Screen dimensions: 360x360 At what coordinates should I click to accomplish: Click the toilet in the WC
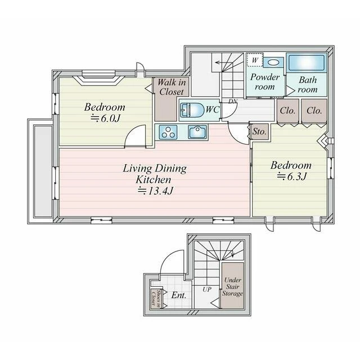(x=192, y=110)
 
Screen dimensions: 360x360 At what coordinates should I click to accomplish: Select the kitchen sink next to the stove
(x=197, y=132)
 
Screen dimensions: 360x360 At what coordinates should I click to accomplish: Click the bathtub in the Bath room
(x=307, y=62)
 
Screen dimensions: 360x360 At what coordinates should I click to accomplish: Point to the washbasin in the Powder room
(x=273, y=62)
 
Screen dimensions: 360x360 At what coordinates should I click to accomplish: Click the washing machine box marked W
(x=255, y=60)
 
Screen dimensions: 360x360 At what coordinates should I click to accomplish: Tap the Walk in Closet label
(x=172, y=87)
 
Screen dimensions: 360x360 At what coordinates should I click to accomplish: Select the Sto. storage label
(x=259, y=132)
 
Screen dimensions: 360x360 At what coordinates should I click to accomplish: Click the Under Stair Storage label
(x=232, y=287)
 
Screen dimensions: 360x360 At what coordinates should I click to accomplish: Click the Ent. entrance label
(x=179, y=295)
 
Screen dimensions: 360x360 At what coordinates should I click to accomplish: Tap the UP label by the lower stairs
(x=207, y=290)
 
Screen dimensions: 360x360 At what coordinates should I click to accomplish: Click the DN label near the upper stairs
(x=232, y=101)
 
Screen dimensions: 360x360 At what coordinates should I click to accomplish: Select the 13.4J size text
(x=155, y=191)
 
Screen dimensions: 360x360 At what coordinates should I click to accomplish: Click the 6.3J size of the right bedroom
(x=291, y=176)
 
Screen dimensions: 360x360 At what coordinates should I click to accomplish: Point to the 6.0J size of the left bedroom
(x=106, y=119)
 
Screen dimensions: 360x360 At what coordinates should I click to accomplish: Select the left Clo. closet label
(x=287, y=111)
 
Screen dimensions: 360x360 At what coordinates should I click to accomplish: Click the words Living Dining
(x=155, y=169)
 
